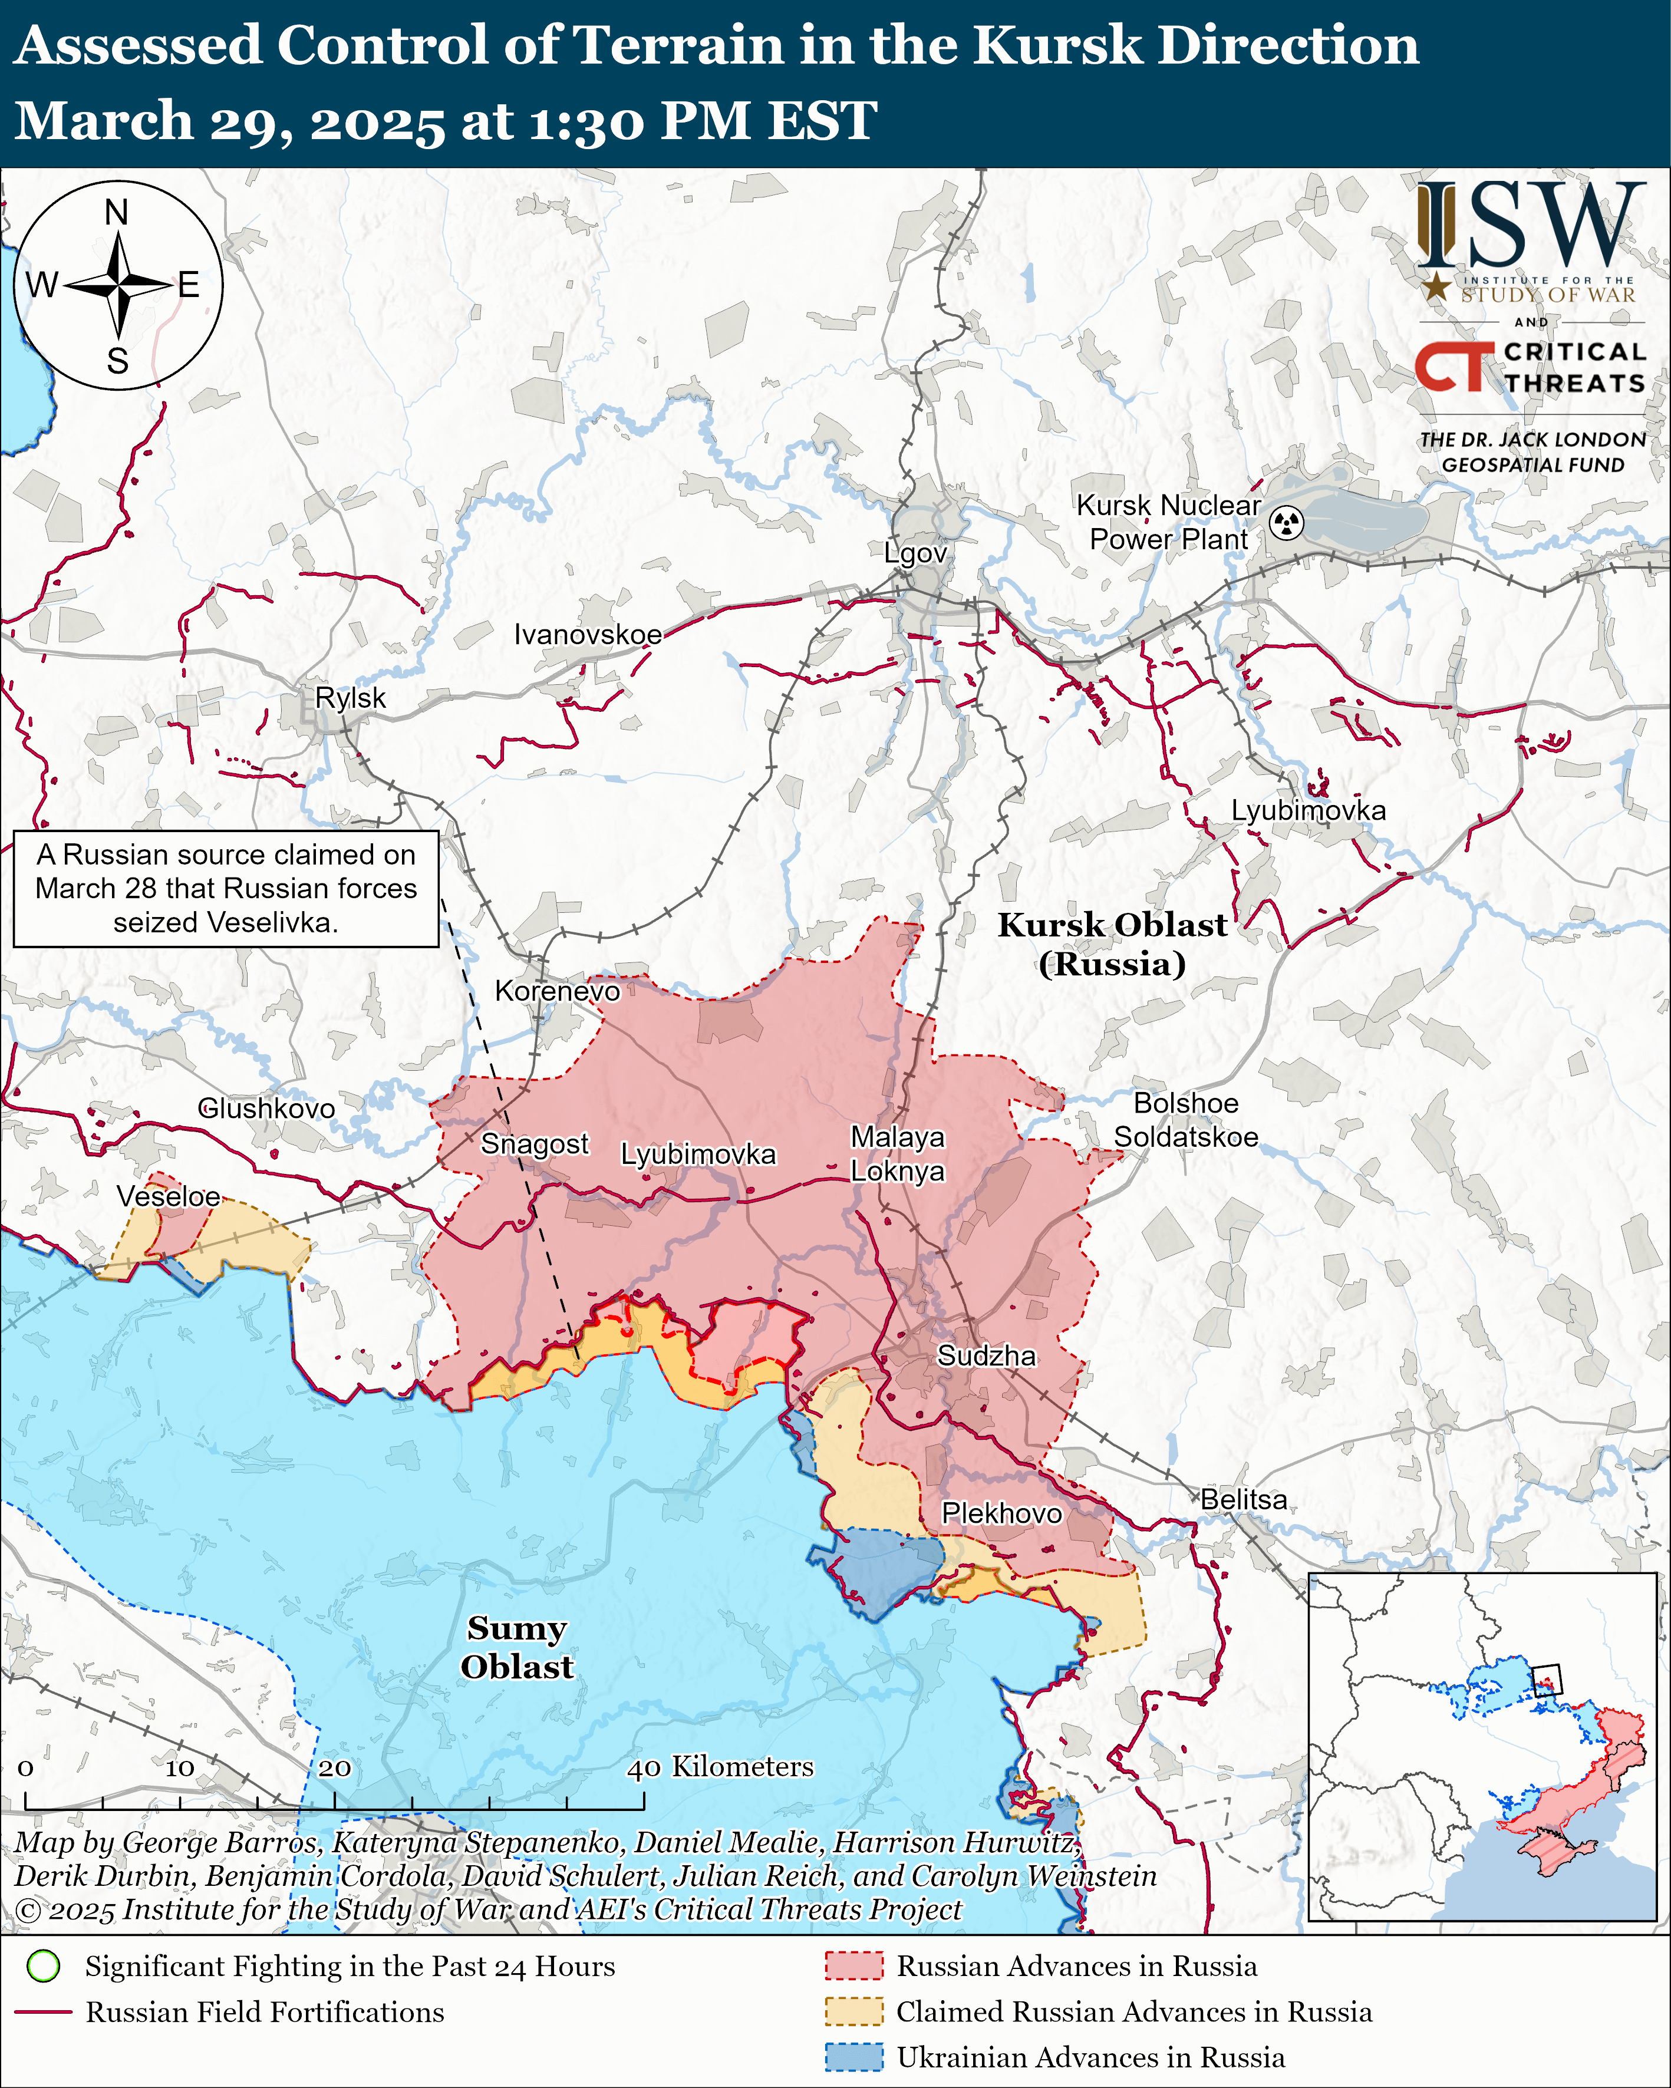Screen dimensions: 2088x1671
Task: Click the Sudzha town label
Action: point(986,1356)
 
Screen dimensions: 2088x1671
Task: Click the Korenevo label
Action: point(557,991)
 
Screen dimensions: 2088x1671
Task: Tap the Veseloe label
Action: point(169,1196)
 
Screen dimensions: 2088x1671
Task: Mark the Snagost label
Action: point(535,1144)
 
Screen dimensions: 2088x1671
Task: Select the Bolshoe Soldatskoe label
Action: point(1186,1120)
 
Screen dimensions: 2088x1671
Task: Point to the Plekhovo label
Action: point(1001,1513)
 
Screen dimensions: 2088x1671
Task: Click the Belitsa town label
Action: point(1244,1499)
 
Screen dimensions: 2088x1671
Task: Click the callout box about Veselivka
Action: point(226,888)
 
